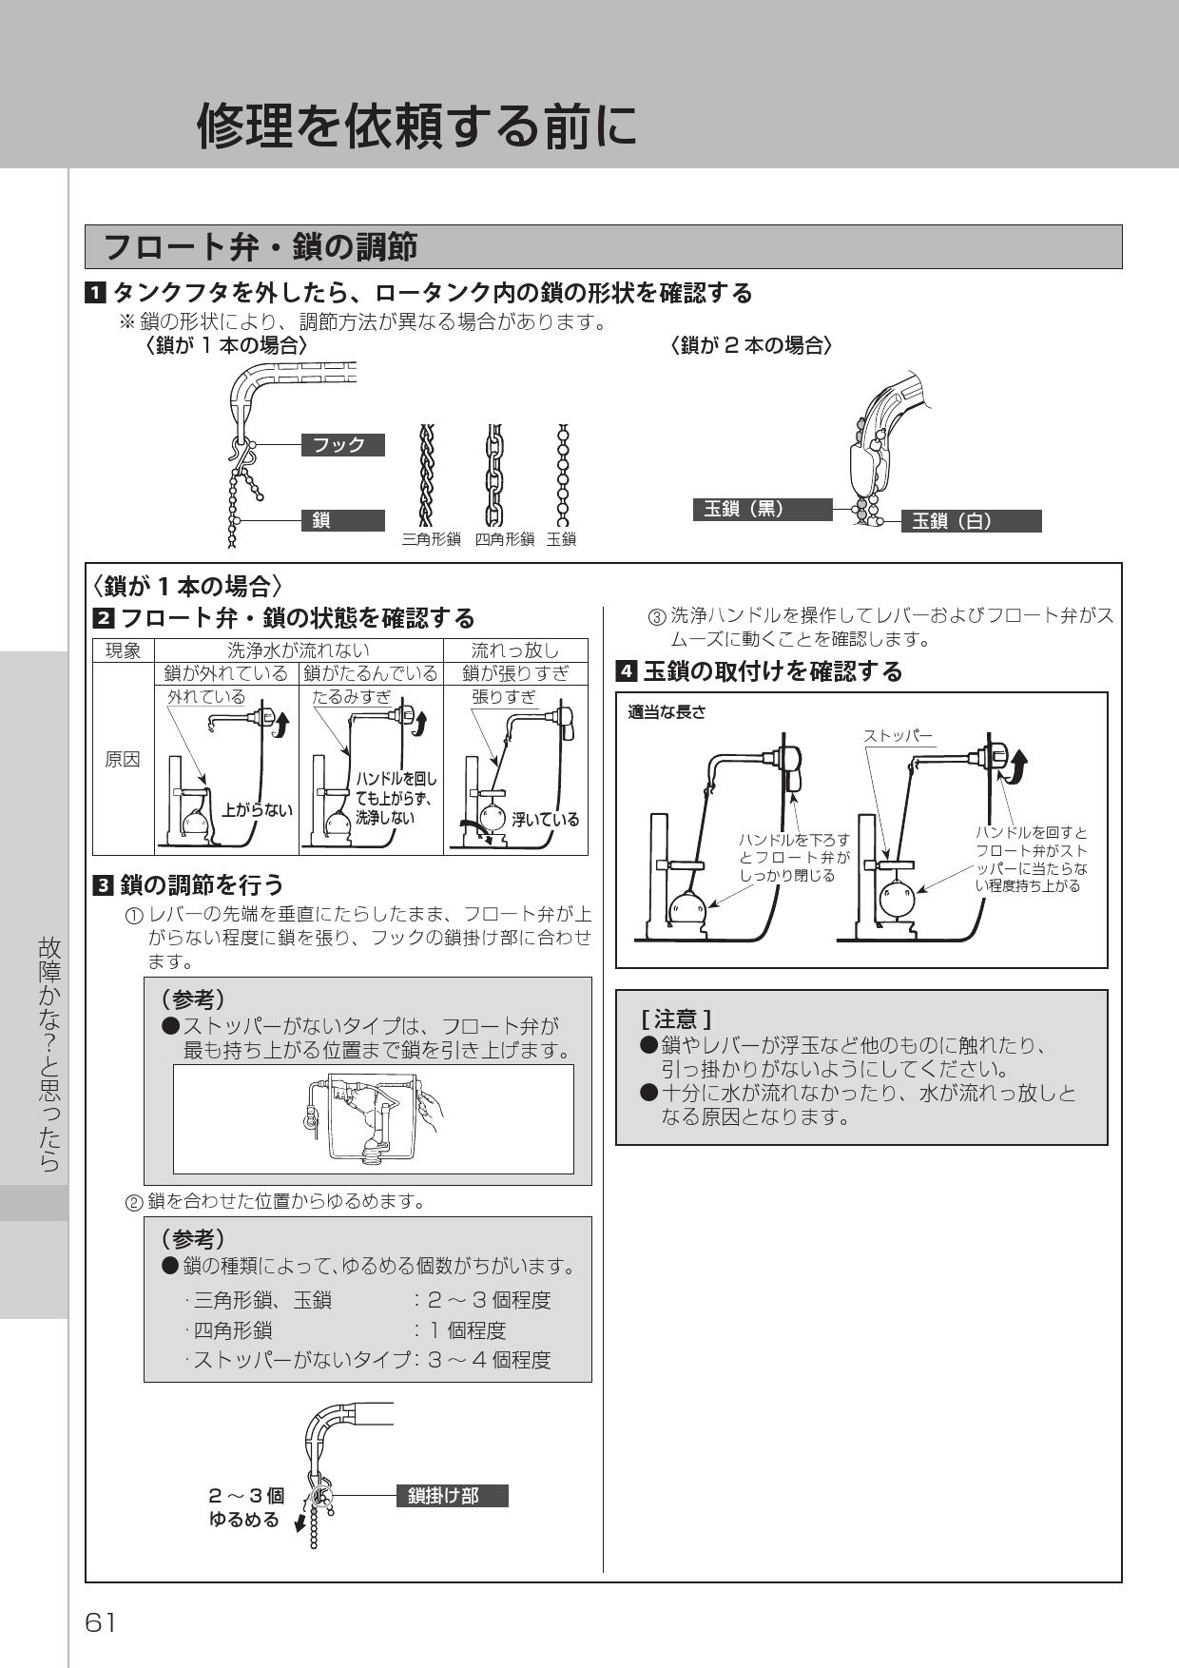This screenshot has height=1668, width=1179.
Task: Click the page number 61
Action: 100,1622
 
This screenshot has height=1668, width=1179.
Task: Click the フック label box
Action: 342,444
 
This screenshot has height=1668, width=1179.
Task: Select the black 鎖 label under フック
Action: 342,520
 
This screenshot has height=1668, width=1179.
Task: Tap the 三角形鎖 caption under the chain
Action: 431,539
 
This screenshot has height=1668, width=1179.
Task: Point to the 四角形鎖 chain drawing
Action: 493,475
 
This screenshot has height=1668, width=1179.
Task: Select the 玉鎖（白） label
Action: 970,521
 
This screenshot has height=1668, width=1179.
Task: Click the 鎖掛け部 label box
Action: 452,1496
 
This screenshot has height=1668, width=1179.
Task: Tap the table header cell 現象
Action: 123,650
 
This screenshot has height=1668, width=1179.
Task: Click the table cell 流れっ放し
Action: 515,650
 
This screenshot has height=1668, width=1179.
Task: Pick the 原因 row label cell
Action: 123,759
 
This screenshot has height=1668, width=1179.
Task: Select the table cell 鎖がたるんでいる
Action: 371,673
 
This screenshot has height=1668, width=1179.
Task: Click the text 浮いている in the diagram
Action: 545,819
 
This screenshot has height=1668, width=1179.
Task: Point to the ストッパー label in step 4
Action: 898,736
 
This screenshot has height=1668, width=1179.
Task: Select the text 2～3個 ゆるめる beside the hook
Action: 245,1507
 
